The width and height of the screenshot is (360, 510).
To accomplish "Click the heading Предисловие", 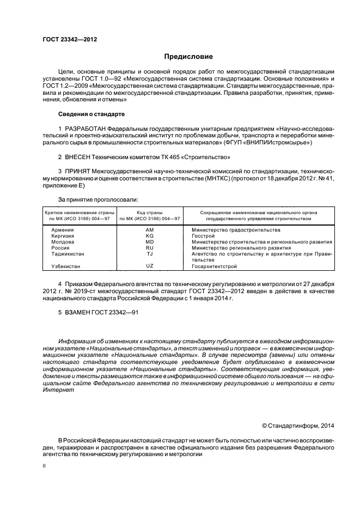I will pos(189,57).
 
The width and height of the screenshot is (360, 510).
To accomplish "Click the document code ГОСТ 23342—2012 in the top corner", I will pos(67,39).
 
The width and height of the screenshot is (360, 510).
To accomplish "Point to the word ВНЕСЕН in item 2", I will pos(80,157).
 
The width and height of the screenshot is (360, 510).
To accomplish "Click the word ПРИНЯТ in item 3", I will pos(80,172).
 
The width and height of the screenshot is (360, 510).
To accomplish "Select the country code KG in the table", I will pos(150,236).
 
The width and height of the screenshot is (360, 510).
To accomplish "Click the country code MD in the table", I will pos(150,242).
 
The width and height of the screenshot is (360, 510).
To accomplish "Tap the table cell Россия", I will pos(60,247).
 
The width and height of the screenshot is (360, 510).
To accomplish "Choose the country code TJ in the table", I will pos(150,253).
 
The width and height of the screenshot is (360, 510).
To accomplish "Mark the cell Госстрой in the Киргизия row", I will pos(204,236).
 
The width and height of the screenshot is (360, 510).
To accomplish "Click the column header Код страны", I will pos(149,212).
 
